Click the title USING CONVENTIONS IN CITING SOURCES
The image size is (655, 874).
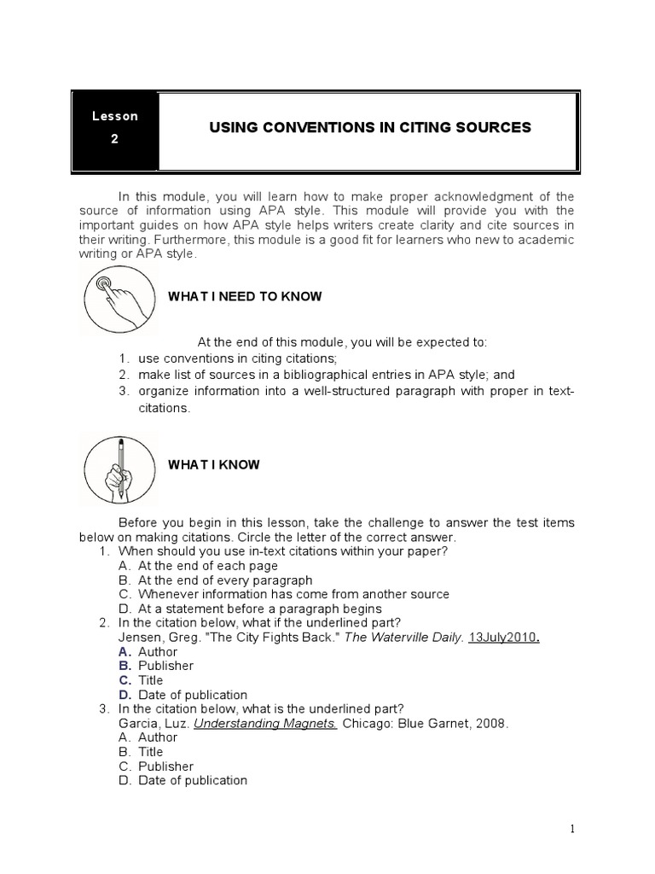coord(370,128)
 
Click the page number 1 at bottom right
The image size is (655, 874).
coord(574,829)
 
